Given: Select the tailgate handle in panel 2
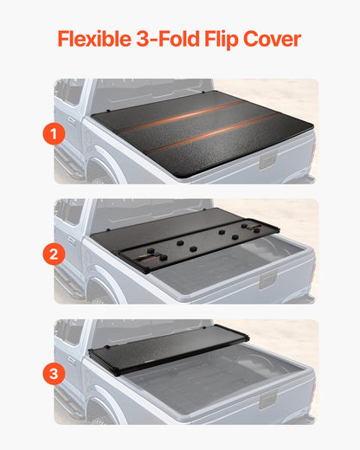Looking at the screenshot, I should pyautogui.click(x=268, y=280).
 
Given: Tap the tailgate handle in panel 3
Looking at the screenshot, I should pyautogui.click(x=268, y=400).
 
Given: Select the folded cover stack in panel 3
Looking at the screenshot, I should pyautogui.click(x=169, y=346).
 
